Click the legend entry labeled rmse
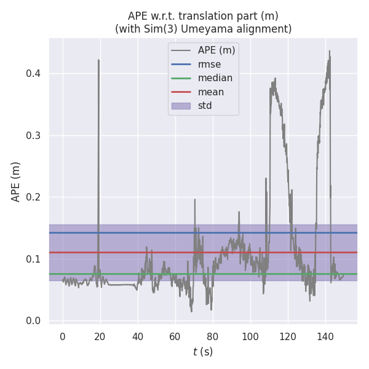[x=209, y=64]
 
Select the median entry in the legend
[x=215, y=78]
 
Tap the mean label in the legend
[x=210, y=92]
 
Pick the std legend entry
[x=205, y=106]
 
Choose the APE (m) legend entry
[x=216, y=50]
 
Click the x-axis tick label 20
[x=100, y=336]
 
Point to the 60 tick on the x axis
[x=175, y=336]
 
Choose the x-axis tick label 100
[x=250, y=336]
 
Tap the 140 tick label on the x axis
[x=325, y=336]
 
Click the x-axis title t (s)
[x=203, y=352]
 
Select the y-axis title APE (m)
[x=16, y=181]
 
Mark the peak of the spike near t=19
[x=98, y=60]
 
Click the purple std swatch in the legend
[x=180, y=106]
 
